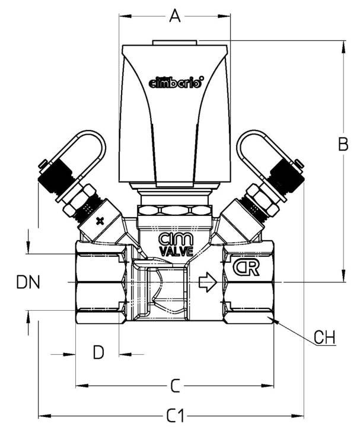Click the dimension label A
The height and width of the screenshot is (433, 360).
click(x=175, y=16)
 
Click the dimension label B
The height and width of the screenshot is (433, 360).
click(x=343, y=144)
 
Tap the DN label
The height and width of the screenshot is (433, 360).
click(x=28, y=282)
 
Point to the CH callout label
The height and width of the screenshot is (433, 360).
click(x=324, y=337)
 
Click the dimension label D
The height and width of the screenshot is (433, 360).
click(x=98, y=352)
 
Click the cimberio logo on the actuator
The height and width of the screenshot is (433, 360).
click(x=176, y=82)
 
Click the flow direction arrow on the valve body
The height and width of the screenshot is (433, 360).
click(x=208, y=282)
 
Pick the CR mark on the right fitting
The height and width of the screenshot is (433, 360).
click(x=247, y=268)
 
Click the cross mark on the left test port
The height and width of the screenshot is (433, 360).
click(x=100, y=221)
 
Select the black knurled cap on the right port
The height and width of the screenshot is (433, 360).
click(x=287, y=176)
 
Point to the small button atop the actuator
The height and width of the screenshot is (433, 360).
click(x=174, y=43)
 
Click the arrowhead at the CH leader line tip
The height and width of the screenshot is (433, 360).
click(x=275, y=320)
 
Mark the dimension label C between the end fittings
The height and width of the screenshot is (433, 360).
click(x=175, y=386)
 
